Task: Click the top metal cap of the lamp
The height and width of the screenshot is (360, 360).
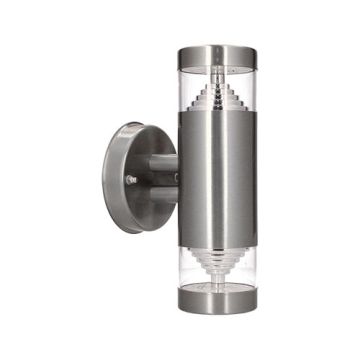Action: (x=211, y=50)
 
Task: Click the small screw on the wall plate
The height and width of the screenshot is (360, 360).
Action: (x=131, y=180)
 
